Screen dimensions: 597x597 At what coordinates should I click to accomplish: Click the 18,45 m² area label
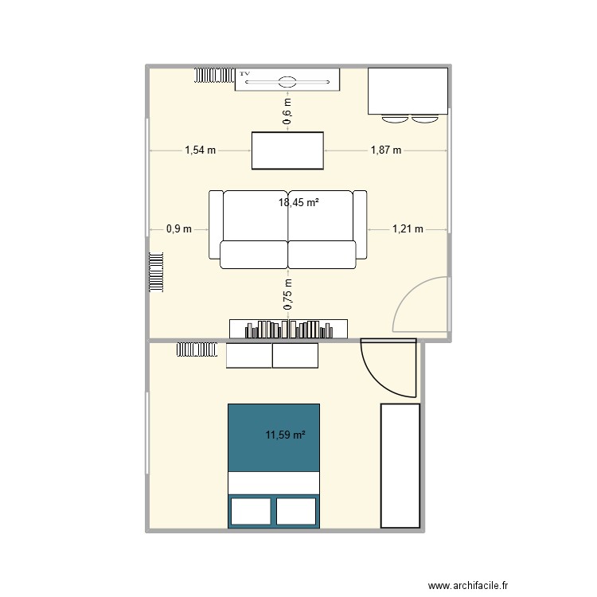(298, 203)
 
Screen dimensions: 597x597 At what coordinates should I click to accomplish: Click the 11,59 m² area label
(286, 435)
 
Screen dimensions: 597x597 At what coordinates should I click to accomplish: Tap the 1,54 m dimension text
(200, 150)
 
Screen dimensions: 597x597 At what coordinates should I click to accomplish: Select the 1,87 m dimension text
(386, 150)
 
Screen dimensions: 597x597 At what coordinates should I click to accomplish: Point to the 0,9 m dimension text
(179, 229)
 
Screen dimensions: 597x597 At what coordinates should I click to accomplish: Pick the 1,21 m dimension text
(407, 229)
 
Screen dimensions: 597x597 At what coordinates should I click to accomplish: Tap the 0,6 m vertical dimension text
(288, 111)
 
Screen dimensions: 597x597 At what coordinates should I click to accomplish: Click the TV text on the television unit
(245, 74)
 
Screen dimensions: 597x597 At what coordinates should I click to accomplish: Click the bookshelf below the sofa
(289, 328)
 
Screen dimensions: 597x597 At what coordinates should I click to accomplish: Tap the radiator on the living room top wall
(214, 76)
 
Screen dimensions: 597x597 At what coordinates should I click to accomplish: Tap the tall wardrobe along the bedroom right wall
(400, 466)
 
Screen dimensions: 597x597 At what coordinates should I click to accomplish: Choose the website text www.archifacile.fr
(466, 583)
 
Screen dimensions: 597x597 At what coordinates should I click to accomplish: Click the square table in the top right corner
(407, 92)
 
